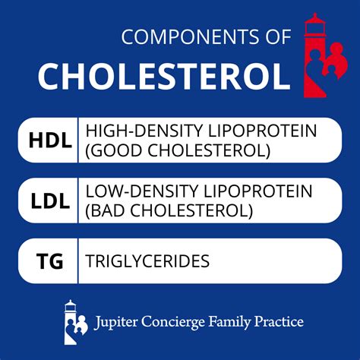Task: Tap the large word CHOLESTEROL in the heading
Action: tap(163, 76)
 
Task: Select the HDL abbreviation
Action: tap(46, 141)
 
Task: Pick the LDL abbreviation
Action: tap(46, 201)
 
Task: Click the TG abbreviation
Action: tap(46, 261)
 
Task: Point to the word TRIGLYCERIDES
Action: tap(147, 261)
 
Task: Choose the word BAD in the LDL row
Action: tap(109, 210)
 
